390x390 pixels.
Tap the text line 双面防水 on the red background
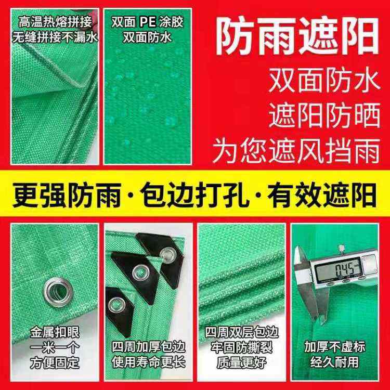pos(324,81)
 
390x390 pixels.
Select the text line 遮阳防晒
pos(324,115)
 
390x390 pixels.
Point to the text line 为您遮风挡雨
pos(296,150)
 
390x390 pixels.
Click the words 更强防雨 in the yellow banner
pos(67,195)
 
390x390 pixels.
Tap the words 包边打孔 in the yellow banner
pos(195,195)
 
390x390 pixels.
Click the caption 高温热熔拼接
pos(55,22)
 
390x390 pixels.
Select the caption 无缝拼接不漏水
pos(55,37)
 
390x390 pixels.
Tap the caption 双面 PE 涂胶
pos(148,22)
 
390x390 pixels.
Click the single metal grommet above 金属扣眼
pos(58,292)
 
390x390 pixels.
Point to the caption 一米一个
pos(55,348)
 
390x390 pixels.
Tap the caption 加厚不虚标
pos(335,347)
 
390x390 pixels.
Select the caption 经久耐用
pos(335,362)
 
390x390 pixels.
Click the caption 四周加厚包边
pos(149,347)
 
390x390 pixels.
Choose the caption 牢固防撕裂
pos(241,347)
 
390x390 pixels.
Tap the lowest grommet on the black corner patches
pos(116,305)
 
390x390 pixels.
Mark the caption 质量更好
pos(241,362)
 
